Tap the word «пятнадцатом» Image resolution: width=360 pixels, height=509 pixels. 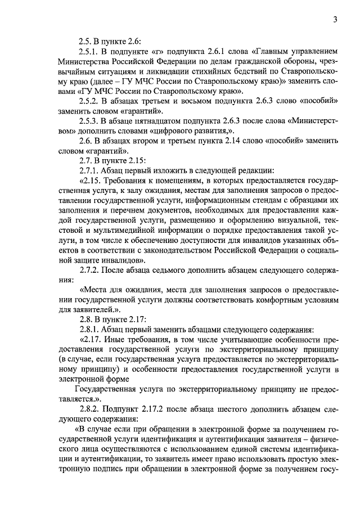[155, 120]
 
